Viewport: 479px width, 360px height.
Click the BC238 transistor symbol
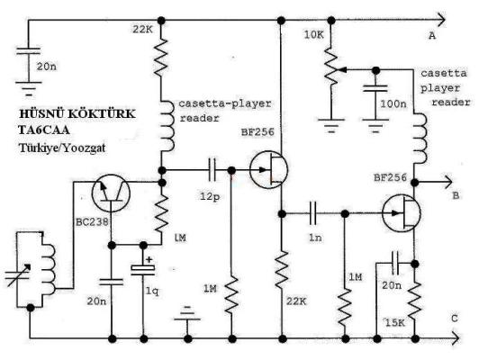coord(111,193)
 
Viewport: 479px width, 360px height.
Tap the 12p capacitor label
coord(210,196)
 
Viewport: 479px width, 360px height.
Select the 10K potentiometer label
coord(313,35)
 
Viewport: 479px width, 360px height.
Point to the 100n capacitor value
coord(393,103)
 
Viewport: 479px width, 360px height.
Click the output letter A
coord(432,36)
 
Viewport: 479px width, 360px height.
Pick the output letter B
coord(456,195)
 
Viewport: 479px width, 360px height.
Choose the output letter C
coord(455,319)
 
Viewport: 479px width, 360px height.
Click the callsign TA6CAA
coord(44,130)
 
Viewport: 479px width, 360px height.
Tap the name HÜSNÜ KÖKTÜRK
coord(77,113)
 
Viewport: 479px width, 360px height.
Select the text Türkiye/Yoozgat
coord(62,148)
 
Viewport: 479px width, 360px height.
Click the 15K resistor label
coord(394,322)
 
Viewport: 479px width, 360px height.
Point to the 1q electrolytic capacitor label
coord(152,292)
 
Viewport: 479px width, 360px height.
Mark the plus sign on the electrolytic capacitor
coord(149,260)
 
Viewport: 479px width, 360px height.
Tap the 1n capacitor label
coord(315,238)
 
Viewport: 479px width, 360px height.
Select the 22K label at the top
coord(142,30)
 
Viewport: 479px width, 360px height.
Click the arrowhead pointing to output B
coord(448,183)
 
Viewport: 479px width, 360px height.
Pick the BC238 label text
coord(92,222)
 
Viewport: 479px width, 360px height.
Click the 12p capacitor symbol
coord(212,170)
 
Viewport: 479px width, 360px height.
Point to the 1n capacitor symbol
coord(312,213)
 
